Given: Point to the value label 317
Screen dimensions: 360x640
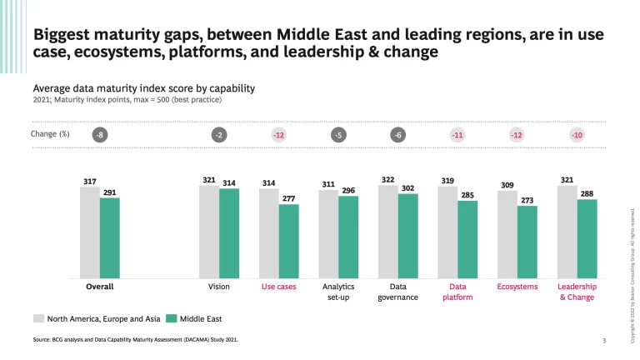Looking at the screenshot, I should (89, 181).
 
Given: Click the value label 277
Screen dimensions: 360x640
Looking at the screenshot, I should (288, 198).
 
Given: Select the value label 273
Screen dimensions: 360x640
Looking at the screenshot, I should (527, 200).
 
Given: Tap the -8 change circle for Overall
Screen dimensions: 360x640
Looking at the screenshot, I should (100, 135).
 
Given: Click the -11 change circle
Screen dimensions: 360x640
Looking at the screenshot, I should (457, 135).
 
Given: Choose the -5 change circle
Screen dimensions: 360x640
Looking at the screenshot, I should (338, 135).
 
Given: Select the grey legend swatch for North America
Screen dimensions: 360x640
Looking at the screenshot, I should (38, 318).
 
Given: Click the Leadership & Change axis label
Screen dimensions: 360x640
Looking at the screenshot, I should (577, 291).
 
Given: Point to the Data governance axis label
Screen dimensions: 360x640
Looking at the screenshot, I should (397, 291).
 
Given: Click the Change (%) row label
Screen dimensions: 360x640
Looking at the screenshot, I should (50, 134).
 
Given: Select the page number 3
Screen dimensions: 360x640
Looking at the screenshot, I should (603, 341).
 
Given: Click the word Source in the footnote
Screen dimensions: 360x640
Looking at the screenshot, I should (42, 341).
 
